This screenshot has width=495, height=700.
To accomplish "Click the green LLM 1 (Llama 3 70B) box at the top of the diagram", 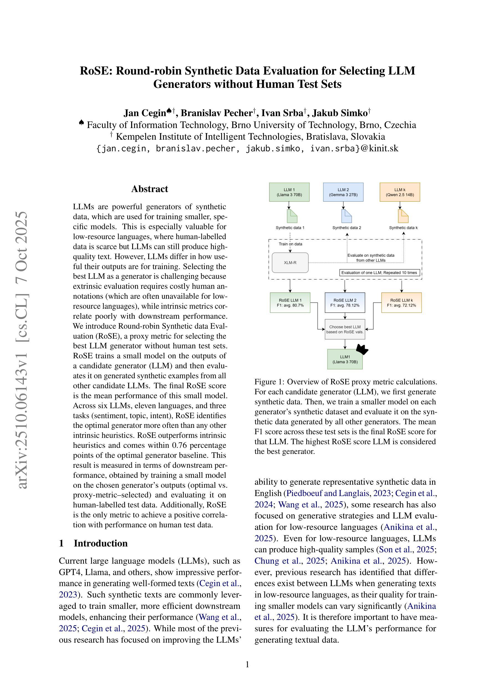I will (289, 192).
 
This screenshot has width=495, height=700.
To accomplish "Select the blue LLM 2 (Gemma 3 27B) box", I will (343, 192).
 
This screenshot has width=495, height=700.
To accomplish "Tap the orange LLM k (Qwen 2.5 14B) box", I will (400, 192).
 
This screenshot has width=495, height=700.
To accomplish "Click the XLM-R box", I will (290, 262).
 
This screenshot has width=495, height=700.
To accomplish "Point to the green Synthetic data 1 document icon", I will (292, 216).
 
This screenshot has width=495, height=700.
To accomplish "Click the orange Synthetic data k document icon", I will (403, 216).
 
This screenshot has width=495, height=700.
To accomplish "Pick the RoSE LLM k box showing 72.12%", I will (401, 302).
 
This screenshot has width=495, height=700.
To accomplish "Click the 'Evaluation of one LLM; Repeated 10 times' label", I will (379, 273).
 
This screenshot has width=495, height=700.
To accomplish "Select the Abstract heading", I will (149, 189).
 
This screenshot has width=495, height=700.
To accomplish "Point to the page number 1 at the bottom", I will (247, 664).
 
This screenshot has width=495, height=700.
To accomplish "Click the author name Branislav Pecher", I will (216, 113).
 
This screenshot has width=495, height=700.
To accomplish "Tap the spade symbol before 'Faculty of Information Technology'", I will (81, 123).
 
